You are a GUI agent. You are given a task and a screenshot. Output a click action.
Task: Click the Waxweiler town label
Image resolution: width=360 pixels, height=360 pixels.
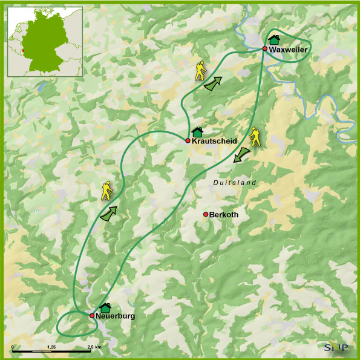(x=289, y=49)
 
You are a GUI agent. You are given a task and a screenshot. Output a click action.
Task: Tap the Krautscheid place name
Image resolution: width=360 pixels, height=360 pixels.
(x=215, y=141)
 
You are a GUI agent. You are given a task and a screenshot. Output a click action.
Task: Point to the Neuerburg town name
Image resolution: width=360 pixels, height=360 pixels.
(x=116, y=316)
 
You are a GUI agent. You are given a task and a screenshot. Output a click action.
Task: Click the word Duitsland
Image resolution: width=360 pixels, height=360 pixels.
(x=235, y=183)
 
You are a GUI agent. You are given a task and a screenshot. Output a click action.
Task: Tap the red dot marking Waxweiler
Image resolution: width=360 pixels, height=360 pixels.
(x=265, y=48)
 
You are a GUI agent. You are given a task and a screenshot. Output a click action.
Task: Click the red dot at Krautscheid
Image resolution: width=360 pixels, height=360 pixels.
(x=188, y=140)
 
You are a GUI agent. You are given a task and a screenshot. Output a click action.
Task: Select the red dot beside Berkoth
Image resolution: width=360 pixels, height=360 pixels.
(x=206, y=214)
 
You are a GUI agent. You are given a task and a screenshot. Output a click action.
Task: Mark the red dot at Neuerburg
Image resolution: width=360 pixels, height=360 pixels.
(x=92, y=315)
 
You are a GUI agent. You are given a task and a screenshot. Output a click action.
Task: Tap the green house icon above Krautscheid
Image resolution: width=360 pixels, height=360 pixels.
(x=197, y=131)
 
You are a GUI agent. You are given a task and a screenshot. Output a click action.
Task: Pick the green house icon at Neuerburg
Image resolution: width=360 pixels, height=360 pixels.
(x=105, y=308)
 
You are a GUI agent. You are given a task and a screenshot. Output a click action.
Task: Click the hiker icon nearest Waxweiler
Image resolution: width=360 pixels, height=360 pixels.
(x=200, y=71)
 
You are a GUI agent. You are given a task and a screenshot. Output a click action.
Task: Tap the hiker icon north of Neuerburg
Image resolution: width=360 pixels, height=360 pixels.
(x=107, y=191)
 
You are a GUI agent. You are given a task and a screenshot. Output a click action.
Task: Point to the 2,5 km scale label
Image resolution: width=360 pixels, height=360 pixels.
(x=94, y=347)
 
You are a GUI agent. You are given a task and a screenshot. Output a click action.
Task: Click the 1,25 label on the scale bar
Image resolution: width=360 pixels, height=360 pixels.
(x=51, y=347)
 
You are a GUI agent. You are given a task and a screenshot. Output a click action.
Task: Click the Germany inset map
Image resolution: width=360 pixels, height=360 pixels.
(x=45, y=41)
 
